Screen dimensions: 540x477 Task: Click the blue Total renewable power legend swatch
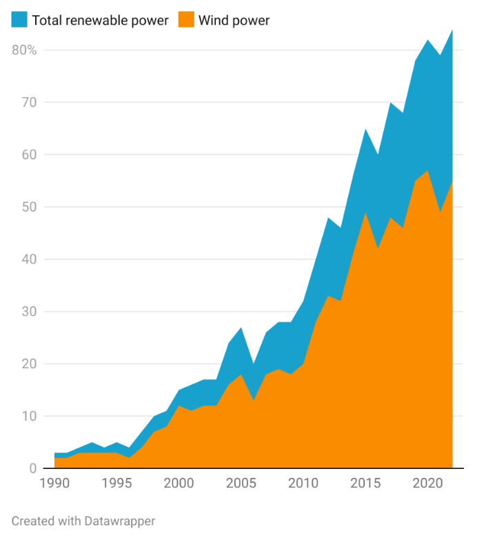pyautogui.click(x=19, y=20)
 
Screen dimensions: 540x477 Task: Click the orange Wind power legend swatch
pyautogui.click(x=185, y=20)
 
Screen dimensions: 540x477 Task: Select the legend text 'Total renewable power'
pyautogui.click(x=100, y=20)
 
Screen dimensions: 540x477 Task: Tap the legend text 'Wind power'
pyautogui.click(x=234, y=20)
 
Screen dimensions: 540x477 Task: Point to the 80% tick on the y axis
pyautogui.click(x=24, y=50)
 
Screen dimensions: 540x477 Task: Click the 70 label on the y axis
pyautogui.click(x=29, y=102)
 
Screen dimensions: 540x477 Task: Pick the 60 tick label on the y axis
pyautogui.click(x=29, y=154)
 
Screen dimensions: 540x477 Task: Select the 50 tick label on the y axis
pyautogui.click(x=29, y=207)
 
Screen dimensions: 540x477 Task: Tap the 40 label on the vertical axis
pyautogui.click(x=29, y=259)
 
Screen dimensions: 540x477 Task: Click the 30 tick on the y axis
pyautogui.click(x=29, y=312)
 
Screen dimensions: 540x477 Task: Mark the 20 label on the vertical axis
pyautogui.click(x=29, y=364)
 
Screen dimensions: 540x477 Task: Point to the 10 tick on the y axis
pyautogui.click(x=29, y=417)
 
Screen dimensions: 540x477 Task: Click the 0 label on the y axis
pyautogui.click(x=32, y=469)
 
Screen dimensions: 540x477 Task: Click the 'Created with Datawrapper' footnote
pyautogui.click(x=83, y=521)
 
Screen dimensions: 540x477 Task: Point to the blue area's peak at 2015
pyautogui.click(x=365, y=129)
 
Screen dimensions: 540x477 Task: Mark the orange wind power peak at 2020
pyautogui.click(x=427, y=170)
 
